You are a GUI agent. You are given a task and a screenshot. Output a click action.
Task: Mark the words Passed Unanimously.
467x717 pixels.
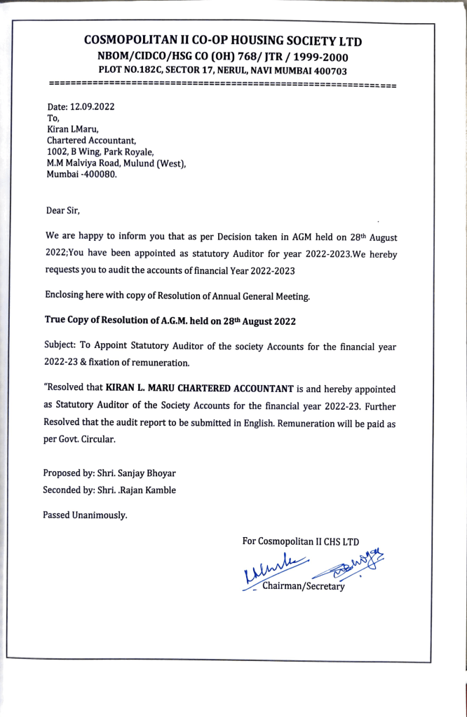(86, 515)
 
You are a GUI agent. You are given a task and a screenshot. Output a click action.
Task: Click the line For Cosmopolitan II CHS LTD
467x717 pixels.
(300, 541)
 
